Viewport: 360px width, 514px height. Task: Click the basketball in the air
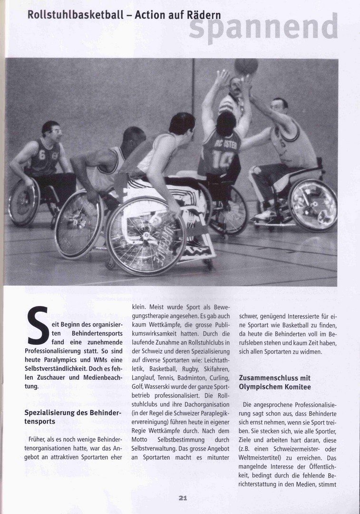(x=246, y=66)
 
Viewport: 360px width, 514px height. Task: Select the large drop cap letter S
(x=38, y=326)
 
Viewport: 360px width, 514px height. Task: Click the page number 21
(x=183, y=498)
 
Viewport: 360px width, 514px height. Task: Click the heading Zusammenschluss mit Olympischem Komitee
(x=275, y=382)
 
